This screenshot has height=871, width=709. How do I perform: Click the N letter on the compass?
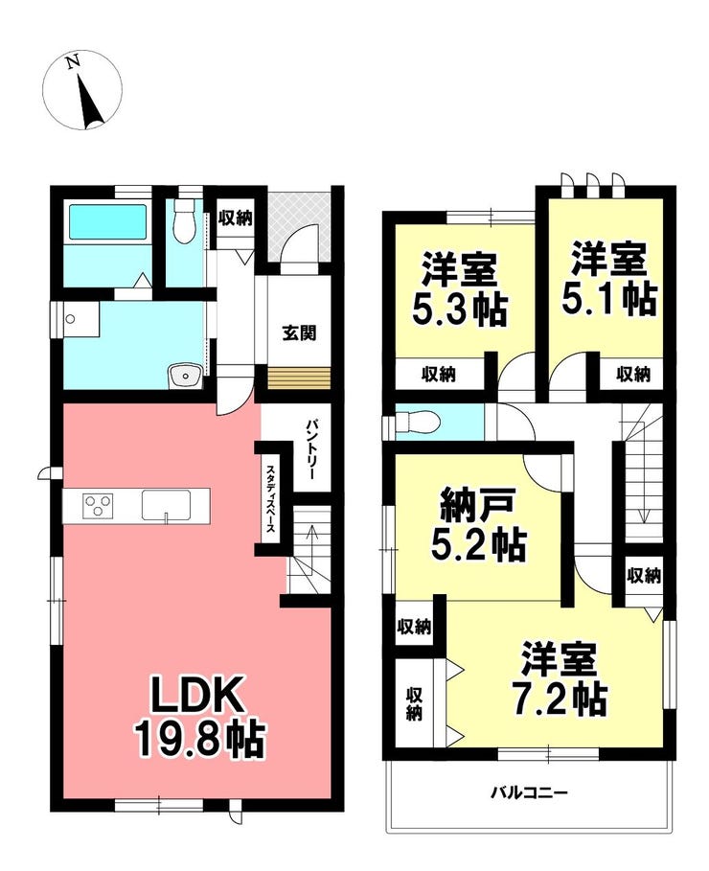72,61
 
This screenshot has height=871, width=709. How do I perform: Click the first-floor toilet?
183,220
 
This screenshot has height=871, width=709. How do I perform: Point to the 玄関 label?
299,333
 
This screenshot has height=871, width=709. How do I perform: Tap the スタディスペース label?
269,497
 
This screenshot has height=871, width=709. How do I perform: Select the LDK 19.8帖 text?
199,716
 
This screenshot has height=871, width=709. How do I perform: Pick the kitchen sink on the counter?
166,505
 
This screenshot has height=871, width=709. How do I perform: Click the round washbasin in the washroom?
185,378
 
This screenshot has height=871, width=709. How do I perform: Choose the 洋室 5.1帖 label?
609,278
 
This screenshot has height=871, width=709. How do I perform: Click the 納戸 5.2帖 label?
479,524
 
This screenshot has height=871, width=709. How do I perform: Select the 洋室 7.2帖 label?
560,678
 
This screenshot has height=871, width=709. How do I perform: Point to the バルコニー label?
529,792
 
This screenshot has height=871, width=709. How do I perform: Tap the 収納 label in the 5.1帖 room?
633,375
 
